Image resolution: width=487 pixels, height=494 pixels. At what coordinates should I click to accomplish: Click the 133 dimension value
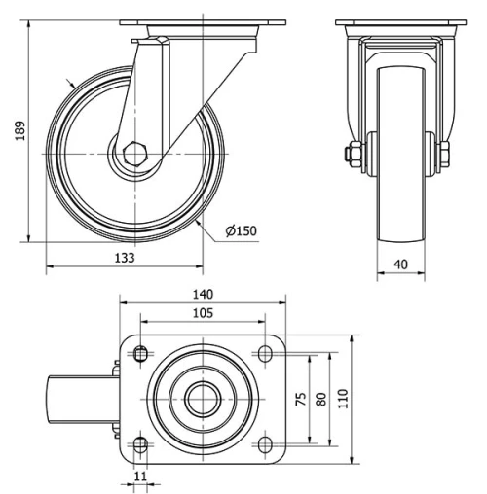coord(124,258)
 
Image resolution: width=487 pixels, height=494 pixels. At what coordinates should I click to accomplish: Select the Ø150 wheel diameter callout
coord(241,230)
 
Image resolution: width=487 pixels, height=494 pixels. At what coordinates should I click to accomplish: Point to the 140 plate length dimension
coord(203,293)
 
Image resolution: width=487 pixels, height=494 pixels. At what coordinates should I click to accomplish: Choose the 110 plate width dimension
coord(342,398)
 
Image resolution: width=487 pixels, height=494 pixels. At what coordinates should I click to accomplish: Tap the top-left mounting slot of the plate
coord(140,352)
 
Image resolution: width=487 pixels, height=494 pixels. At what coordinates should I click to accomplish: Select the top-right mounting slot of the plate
coord(265,352)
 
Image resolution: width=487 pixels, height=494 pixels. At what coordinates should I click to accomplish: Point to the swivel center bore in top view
coord(203,399)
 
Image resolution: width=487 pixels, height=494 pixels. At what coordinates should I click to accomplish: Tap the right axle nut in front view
coord(441,154)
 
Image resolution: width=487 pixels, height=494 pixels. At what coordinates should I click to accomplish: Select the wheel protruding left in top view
coord(83,399)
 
